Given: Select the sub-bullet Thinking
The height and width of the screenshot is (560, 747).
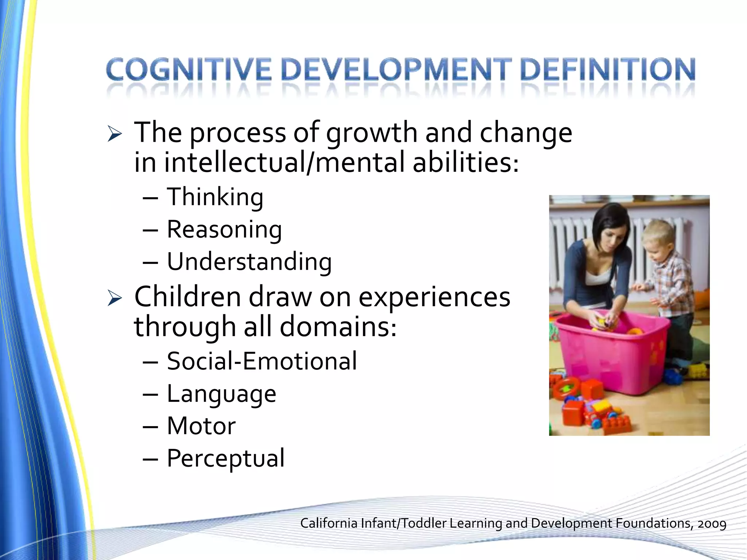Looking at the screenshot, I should tap(215, 197).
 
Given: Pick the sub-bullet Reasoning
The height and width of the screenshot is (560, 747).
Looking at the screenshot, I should tap(224, 230).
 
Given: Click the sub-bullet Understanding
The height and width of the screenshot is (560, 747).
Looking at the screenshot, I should tap(249, 262).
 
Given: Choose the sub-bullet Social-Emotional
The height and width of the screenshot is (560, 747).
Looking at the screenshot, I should tap(262, 361).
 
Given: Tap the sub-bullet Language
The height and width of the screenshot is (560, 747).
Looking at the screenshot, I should tap(221, 394).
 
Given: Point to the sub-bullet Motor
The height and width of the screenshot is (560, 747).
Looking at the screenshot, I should tap(201, 425).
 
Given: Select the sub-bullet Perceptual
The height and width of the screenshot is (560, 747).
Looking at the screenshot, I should tap(225, 458).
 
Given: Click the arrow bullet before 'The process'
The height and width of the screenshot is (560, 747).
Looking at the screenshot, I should tap(115, 135).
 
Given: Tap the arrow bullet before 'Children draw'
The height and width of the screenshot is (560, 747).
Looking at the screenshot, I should tap(115, 299).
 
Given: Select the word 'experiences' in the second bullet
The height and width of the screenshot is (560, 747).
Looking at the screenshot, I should tap(434, 297).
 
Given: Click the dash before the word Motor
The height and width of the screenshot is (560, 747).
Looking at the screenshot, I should tap(150, 426).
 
